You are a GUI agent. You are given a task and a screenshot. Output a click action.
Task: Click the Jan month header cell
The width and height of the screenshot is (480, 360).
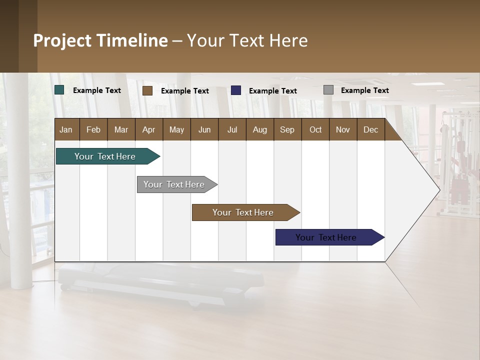click(66, 129)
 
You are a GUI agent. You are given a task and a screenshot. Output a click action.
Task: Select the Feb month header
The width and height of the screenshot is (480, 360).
click(93, 129)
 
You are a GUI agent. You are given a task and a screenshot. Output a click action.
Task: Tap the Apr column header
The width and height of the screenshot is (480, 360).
click(148, 129)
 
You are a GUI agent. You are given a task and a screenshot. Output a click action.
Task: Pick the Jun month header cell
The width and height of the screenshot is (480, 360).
click(204, 129)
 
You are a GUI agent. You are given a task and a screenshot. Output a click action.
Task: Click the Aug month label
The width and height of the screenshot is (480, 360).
click(259, 129)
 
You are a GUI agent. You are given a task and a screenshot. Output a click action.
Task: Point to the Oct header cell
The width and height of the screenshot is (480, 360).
click(315, 129)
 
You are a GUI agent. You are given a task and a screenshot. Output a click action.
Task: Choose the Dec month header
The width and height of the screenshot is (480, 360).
click(370, 129)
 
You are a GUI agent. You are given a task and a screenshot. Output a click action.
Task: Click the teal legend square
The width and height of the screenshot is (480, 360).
click(59, 90)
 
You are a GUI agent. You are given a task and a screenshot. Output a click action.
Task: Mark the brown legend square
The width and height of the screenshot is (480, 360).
click(147, 90)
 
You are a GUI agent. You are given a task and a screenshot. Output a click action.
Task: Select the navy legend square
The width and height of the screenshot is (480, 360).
click(236, 90)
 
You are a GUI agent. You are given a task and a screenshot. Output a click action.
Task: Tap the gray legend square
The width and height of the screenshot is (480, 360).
click(328, 90)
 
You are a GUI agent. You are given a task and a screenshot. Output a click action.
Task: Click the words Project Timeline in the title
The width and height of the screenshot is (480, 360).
click(100, 40)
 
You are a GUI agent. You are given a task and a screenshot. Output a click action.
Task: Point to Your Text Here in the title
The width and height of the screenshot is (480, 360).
click(247, 40)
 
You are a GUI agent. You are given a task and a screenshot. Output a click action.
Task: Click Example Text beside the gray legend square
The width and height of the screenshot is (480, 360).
click(364, 90)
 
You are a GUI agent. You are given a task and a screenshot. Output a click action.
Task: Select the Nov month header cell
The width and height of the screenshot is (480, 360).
click(342, 129)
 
